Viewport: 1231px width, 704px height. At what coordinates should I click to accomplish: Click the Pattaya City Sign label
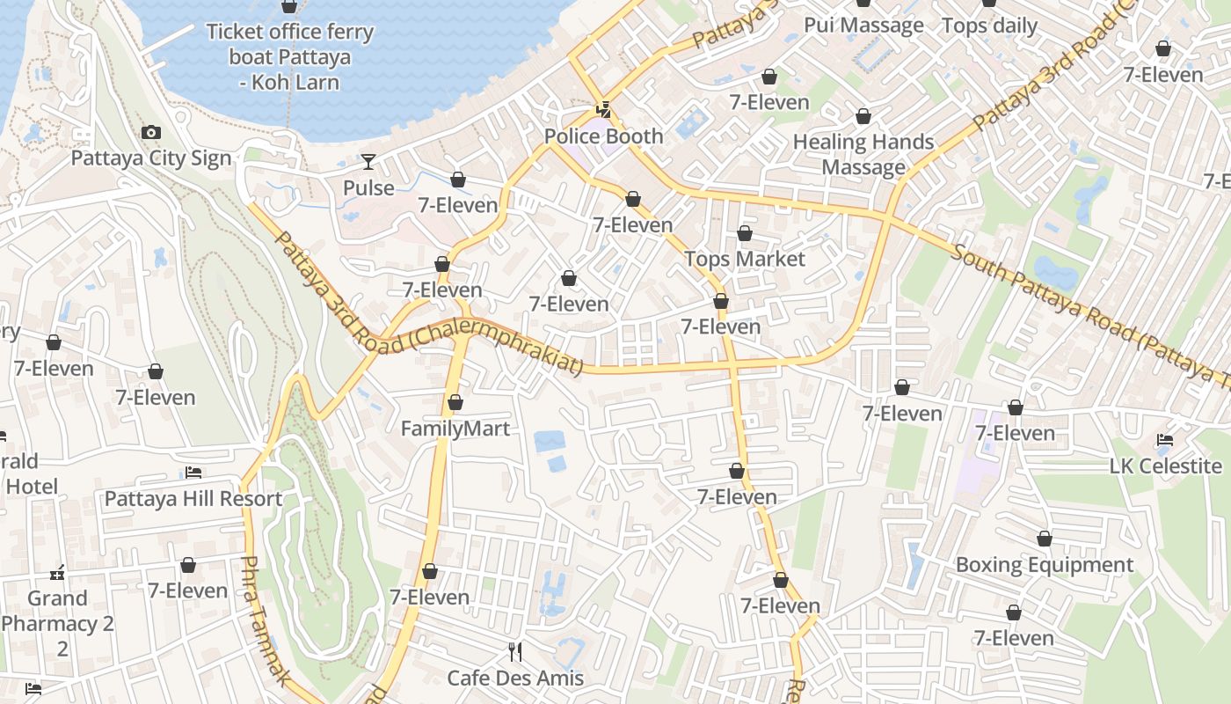tap(151, 158)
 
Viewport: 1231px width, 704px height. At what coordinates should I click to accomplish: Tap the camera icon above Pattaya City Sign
tap(151, 133)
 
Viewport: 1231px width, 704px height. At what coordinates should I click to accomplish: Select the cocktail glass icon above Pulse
tap(368, 162)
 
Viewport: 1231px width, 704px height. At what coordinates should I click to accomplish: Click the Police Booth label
tap(603, 136)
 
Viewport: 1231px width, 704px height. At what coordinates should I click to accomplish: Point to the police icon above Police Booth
tap(603, 110)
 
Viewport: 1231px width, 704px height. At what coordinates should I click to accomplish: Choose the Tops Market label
tap(744, 259)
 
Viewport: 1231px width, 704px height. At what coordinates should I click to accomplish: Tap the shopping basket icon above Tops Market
tap(745, 233)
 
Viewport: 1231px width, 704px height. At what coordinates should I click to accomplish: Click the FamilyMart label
tap(455, 429)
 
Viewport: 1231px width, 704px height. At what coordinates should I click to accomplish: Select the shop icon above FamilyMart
tap(455, 403)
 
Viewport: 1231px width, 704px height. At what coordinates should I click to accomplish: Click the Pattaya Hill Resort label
tap(193, 499)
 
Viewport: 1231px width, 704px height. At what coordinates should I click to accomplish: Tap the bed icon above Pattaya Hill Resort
tap(193, 473)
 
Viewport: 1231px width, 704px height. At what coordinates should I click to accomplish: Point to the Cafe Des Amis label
tap(515, 678)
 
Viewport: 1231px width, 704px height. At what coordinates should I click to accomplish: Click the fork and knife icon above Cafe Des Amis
tap(515, 652)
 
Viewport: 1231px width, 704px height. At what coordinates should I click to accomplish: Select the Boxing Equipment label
tap(1045, 564)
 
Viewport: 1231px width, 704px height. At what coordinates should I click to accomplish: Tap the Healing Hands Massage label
tap(863, 154)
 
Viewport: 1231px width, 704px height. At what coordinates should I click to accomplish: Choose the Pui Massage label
tap(863, 25)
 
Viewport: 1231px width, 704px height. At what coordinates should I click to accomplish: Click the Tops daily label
tap(989, 26)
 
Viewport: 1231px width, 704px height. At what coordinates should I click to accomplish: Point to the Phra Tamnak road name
tap(265, 621)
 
